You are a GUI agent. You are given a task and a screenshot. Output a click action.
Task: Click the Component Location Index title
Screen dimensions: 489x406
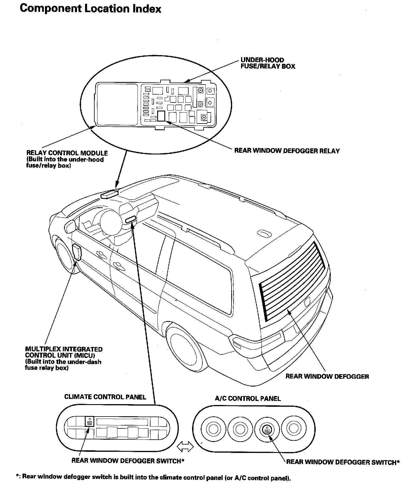pos(90,9)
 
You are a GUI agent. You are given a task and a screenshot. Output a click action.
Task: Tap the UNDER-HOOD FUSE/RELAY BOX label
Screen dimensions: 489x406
pos(268,63)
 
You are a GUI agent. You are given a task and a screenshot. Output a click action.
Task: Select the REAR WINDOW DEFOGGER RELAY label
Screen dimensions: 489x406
pos(287,151)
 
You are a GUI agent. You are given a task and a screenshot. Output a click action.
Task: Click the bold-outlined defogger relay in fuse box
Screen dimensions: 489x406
pos(161,116)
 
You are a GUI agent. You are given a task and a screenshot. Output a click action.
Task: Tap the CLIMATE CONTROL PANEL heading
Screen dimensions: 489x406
pos(105,397)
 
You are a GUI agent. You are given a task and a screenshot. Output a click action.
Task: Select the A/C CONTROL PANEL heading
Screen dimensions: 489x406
pos(248,399)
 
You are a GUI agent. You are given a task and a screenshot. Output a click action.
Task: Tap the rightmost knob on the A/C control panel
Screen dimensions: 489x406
pos(293,429)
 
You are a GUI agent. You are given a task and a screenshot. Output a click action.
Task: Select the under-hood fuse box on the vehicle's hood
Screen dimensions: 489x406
pos(109,194)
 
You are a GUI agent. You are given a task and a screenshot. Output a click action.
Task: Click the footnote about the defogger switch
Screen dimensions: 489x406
pos(153,477)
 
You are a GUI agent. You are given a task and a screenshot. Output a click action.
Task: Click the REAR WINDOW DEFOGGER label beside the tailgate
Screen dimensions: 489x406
pos(327,376)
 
